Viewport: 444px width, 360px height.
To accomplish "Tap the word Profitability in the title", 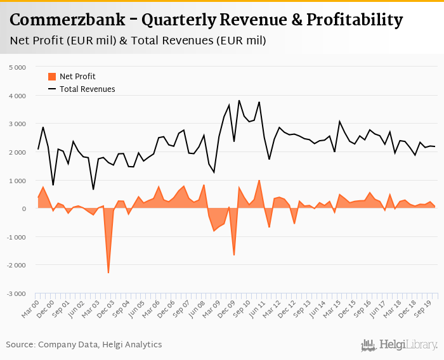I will (x=354, y=20).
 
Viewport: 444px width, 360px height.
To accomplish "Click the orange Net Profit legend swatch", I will (x=52, y=77).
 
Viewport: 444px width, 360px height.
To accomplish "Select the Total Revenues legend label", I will (x=88, y=89).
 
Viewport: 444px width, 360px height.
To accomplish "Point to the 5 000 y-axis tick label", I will (x=17, y=67).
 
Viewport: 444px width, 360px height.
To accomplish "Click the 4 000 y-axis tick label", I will (x=17, y=96).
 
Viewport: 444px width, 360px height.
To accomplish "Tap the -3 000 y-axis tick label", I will (x=16, y=294).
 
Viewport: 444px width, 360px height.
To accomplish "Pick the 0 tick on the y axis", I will (x=23, y=209).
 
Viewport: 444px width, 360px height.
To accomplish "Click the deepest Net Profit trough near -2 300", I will (x=108, y=273).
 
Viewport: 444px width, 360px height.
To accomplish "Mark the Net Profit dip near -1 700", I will (x=234, y=255).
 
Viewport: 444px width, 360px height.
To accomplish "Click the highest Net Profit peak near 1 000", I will (x=259, y=181).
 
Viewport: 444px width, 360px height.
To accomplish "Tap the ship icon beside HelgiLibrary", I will (x=369, y=345).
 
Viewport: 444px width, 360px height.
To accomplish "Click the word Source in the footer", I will (x=21, y=345).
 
